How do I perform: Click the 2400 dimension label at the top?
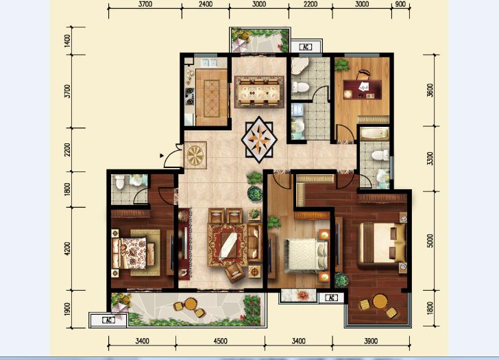click(x=206, y=4)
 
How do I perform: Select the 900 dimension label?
click(x=400, y=4)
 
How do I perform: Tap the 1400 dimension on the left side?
click(x=67, y=41)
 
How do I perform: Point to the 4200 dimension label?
click(x=67, y=249)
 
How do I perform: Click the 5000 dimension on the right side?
click(x=430, y=241)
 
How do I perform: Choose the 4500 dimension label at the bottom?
click(x=220, y=341)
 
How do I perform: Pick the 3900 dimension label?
click(x=371, y=341)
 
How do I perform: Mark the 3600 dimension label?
click(x=430, y=90)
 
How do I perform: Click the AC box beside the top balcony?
click(x=306, y=47)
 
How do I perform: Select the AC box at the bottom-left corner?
click(x=108, y=320)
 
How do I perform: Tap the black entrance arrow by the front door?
click(x=162, y=156)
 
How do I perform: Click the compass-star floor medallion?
click(x=259, y=139)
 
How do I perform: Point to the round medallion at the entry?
click(x=195, y=155)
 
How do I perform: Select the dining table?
click(x=259, y=92)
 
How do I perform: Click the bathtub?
click(x=374, y=134)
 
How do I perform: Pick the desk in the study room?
click(x=362, y=89)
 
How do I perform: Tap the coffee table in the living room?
click(x=228, y=245)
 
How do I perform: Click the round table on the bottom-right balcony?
click(x=380, y=301)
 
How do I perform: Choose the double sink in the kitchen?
click(x=209, y=62)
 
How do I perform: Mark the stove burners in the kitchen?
click(x=190, y=96)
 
